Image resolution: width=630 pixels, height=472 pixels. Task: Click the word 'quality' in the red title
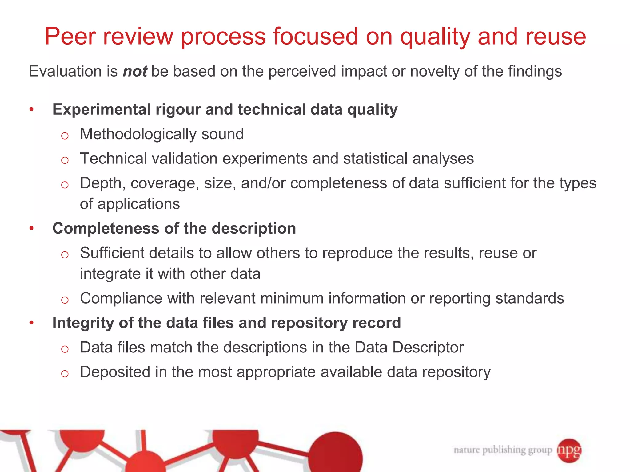coord(435,37)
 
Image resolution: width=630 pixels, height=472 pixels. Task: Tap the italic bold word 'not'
coord(135,72)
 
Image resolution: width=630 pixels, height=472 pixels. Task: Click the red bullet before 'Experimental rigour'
coord(31,110)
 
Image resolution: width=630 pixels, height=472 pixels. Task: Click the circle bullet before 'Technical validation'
coord(65,160)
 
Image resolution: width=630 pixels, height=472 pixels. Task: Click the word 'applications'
coord(138,204)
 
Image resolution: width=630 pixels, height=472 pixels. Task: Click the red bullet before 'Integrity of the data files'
coord(31,323)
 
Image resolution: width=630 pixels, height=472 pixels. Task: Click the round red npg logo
coord(569,450)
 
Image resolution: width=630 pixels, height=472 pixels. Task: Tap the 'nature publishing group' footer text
coord(503,450)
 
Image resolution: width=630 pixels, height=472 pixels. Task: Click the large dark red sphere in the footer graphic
coord(336,455)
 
